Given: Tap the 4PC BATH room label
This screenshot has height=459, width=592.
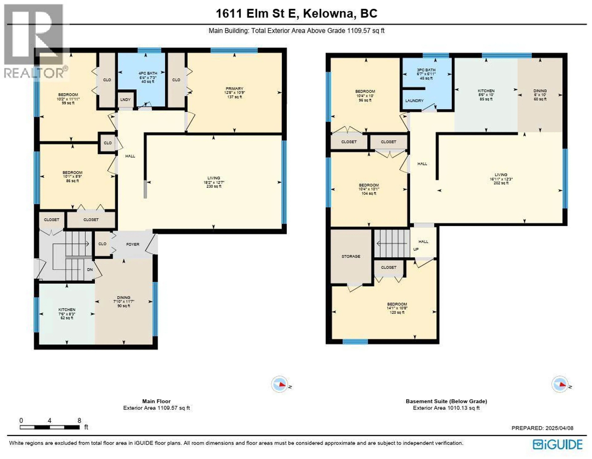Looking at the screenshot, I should tap(148, 73).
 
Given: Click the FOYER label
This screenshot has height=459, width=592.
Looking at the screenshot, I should tap(133, 244).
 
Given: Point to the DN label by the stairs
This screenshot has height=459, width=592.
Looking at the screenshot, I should tap(90, 269).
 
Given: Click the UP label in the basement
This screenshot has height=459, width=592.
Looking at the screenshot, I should tap(416, 249).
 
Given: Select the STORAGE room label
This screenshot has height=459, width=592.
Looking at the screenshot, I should tap(351, 256).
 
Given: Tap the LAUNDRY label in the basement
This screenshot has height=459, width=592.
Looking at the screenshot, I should tap(414, 101).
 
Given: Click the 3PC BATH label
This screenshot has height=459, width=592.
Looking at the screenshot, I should tap(426, 70).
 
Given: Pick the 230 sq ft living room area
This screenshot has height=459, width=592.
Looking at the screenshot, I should tap(214, 186).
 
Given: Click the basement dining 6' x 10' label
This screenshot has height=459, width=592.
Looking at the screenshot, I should tap(540, 95).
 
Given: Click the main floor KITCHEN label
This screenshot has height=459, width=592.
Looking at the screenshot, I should tap(67, 309).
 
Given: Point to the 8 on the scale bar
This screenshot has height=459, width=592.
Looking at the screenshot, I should tap(79, 420).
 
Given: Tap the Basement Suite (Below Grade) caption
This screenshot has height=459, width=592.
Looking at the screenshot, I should tap(446, 401).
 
